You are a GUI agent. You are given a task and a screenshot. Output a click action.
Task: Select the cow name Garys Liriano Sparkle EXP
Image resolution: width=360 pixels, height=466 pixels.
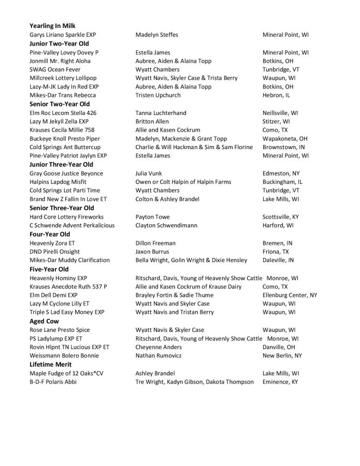pos(63,35)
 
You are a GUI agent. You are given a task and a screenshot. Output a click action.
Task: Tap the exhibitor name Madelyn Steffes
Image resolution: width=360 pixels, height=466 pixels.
pos(156,35)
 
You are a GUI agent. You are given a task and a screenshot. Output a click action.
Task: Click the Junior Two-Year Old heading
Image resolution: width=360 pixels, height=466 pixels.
pos(59,43)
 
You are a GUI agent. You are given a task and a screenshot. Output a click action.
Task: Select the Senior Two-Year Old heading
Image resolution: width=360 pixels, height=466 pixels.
pos(60,104)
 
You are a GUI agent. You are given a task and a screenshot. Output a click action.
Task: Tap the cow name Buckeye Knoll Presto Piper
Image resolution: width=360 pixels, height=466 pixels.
pos(65,139)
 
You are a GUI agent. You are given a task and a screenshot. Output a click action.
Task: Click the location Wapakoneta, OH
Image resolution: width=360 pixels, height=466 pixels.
pos(285,139)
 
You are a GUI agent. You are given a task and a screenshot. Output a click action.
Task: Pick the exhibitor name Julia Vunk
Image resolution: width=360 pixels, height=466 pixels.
pos(150,173)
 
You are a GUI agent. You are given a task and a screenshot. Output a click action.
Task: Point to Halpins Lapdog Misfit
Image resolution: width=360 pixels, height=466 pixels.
pos(58,182)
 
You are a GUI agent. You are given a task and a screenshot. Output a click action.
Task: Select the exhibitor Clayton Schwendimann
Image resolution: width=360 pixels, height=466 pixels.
pos(168,225)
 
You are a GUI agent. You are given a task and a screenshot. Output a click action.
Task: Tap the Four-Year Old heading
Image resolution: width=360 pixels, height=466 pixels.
pos(50,234)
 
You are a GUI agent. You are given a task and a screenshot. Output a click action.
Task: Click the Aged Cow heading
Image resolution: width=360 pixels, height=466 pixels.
pos(44,321)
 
